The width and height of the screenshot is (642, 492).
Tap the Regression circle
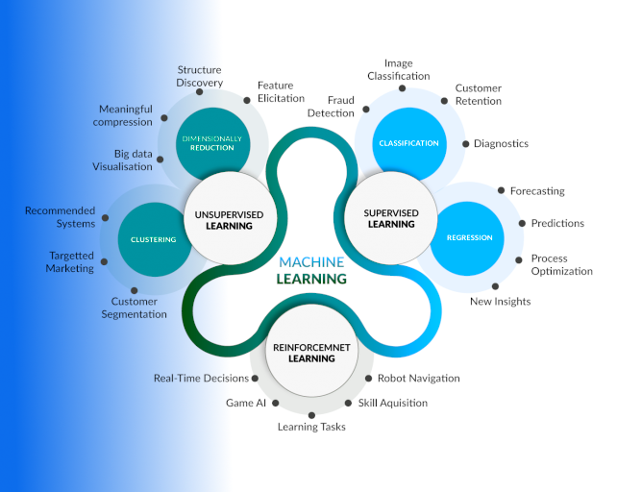469,237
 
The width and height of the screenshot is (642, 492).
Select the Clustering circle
153,239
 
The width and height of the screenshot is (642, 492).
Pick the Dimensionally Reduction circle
211,144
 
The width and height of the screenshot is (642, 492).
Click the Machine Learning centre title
311,270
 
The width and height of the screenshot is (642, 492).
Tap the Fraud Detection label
331,107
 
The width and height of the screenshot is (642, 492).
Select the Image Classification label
399,70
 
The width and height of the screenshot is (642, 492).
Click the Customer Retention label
478,94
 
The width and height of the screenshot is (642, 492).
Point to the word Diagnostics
501,144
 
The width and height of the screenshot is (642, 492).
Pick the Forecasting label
537,191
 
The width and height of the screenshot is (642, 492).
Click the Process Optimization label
561,264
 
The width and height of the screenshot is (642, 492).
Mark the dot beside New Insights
496,286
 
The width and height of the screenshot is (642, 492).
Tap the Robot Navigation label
418,379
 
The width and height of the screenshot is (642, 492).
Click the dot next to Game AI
276,404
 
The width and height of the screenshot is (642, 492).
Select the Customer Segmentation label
134,307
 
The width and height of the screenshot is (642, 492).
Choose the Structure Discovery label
199,76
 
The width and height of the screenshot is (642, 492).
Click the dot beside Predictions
522,224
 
